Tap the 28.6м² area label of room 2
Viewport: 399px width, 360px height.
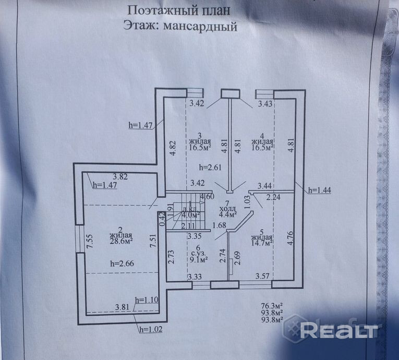[120, 241]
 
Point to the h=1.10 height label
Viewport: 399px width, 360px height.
[147, 300]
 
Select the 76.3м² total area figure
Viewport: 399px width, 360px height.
[272, 306]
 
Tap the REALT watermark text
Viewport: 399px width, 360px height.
[341, 330]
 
